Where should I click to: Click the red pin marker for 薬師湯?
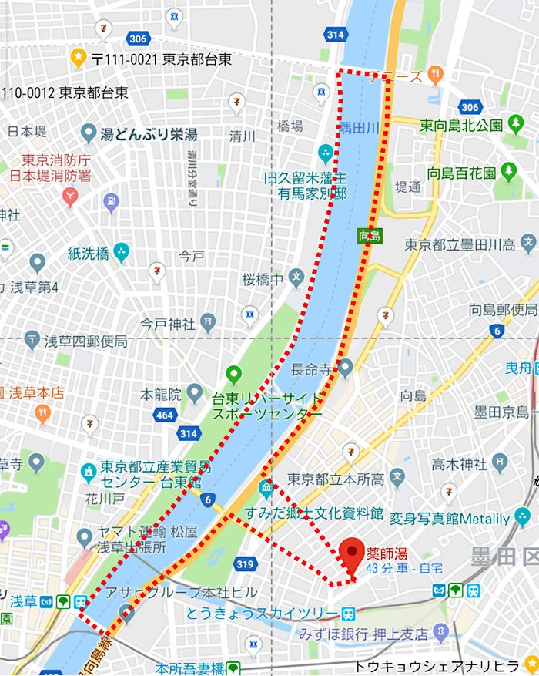click(351, 554)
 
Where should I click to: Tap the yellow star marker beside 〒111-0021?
click(78, 57)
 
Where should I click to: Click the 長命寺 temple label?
click(312, 370)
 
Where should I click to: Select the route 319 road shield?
click(245, 564)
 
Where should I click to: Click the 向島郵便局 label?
click(503, 310)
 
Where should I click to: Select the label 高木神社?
click(459, 464)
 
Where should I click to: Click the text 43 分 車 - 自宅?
click(405, 569)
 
